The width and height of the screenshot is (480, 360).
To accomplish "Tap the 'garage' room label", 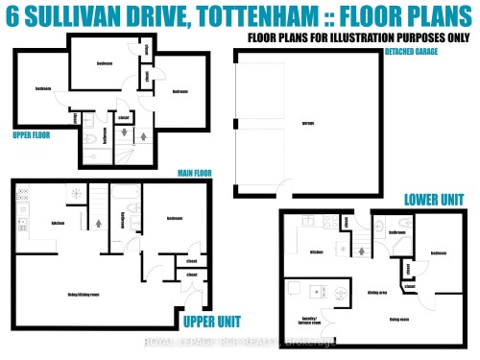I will click(x=281, y=123).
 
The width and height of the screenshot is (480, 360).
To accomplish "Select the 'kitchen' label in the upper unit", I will click(x=57, y=223).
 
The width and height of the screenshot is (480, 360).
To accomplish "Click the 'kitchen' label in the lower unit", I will click(x=316, y=252).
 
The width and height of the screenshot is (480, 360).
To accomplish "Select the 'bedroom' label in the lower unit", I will click(x=439, y=253).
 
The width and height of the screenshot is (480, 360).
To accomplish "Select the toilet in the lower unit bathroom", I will click(x=383, y=229).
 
